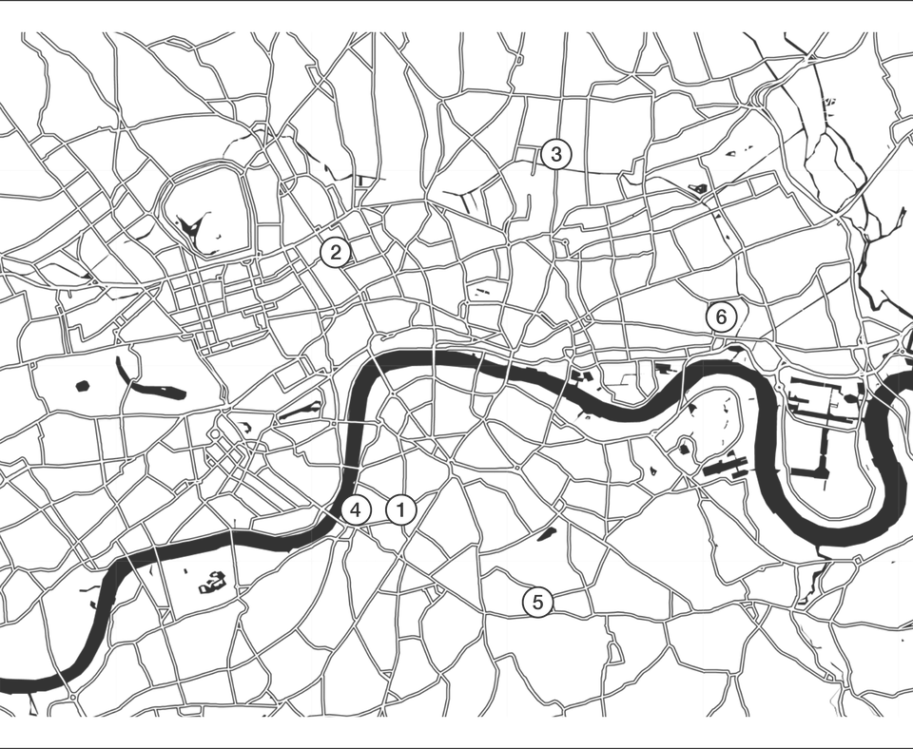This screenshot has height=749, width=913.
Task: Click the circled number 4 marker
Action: click(x=359, y=509)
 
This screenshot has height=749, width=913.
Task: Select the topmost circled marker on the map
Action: click(x=556, y=150)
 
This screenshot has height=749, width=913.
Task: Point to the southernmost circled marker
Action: click(x=539, y=600)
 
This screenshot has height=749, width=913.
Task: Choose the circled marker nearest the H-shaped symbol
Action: click(x=335, y=250)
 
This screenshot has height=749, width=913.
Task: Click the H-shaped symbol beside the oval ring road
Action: click(x=269, y=233)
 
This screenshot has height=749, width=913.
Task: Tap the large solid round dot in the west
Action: click(x=84, y=386)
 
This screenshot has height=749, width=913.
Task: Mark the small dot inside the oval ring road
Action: click(x=218, y=235)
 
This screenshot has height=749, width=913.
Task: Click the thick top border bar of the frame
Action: click(x=456, y=3)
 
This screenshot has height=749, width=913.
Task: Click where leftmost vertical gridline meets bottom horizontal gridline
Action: click(x=118, y=563)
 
